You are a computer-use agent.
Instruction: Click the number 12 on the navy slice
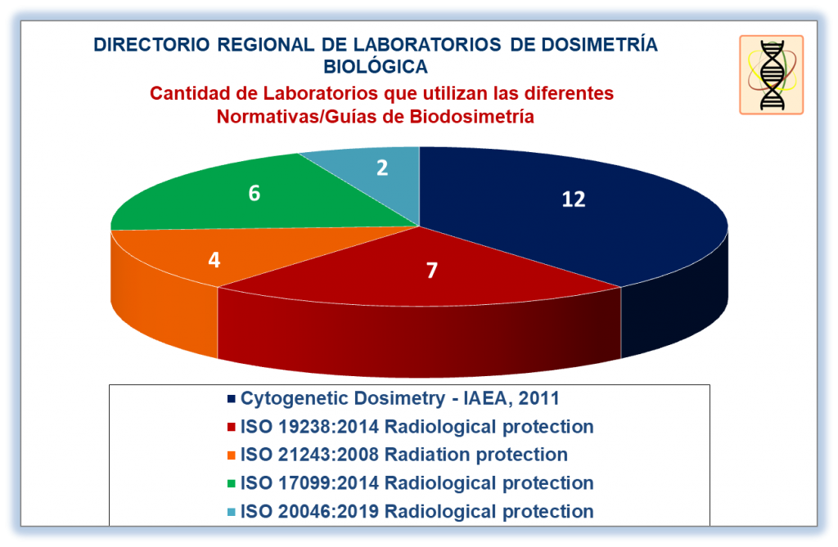coord(574,200)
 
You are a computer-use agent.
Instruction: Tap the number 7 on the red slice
coord(432,271)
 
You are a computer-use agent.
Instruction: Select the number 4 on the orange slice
coord(214,260)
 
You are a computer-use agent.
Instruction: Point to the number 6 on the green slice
coord(255,193)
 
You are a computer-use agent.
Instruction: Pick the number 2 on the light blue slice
coord(382,168)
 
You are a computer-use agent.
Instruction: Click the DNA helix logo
coord(771,74)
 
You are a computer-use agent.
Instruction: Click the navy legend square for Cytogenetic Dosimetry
coord(232,399)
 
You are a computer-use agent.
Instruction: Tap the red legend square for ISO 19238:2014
coord(232,428)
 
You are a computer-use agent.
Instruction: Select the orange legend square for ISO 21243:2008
coord(232,455)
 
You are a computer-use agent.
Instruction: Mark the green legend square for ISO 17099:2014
coord(232,483)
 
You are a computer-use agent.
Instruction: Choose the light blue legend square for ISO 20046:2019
coord(232,512)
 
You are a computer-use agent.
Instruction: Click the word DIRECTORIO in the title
coord(151,45)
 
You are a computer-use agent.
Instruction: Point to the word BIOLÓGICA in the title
coord(376,67)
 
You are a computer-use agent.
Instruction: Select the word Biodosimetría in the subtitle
coord(472,116)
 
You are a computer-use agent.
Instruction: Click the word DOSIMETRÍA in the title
coord(599,44)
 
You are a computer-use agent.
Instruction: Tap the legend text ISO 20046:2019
coord(310,511)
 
